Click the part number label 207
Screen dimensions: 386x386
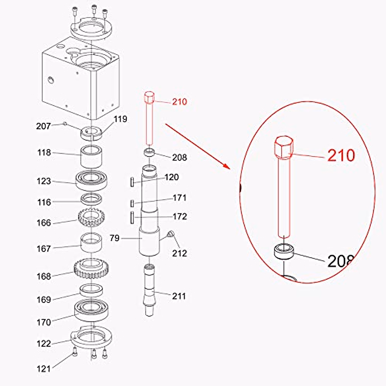click(x=43, y=126)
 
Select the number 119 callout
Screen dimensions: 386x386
click(x=120, y=119)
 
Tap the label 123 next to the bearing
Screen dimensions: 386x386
click(x=44, y=181)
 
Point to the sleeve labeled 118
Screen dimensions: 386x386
click(x=91, y=157)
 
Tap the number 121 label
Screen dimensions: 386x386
click(x=43, y=369)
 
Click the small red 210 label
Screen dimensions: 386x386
click(x=179, y=102)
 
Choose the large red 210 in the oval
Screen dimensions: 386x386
click(x=341, y=156)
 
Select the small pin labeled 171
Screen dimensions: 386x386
click(x=132, y=203)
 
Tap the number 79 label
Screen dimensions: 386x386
click(x=115, y=238)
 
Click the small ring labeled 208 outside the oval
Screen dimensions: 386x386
click(x=149, y=152)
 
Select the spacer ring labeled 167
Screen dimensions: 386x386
click(x=91, y=243)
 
